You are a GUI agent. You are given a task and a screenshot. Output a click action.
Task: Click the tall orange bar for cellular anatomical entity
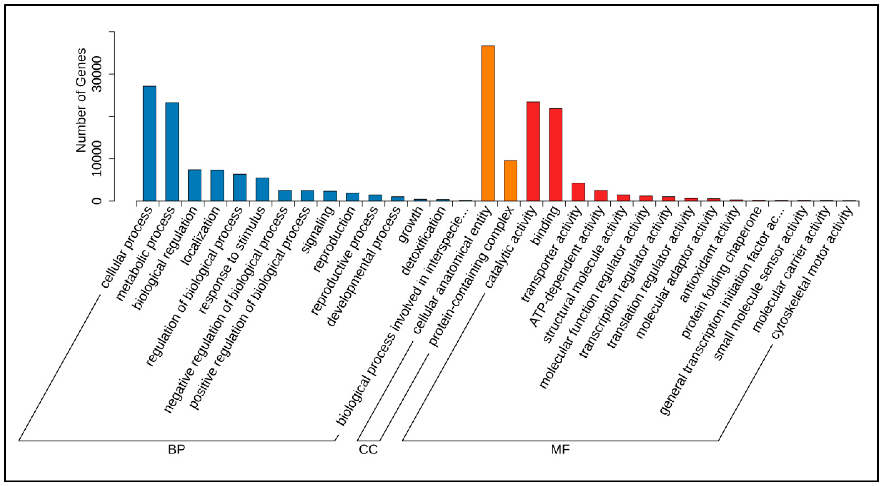pyautogui.click(x=488, y=123)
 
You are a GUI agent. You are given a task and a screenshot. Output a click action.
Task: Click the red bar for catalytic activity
pyautogui.click(x=533, y=151)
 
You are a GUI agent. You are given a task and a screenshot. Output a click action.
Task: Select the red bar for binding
pyautogui.click(x=555, y=155)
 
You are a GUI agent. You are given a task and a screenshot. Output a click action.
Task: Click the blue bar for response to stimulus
pyautogui.click(x=262, y=189)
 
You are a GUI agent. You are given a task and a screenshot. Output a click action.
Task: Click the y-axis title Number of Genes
pyautogui.click(x=81, y=100)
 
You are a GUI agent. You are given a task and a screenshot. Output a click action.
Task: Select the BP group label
pyautogui.click(x=177, y=450)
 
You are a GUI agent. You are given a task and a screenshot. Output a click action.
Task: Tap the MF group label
pyautogui.click(x=560, y=450)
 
